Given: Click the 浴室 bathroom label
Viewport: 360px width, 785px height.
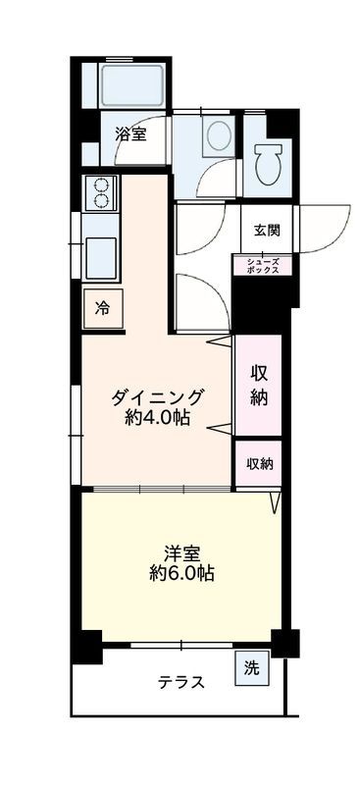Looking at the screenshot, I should tap(130, 134).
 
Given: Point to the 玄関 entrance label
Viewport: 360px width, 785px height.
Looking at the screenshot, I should tap(267, 232).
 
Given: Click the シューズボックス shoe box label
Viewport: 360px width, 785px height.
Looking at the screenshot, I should tap(263, 265).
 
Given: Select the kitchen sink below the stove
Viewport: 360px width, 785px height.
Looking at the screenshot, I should tap(101, 258).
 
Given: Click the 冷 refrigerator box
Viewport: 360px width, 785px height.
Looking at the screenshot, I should tap(102, 308).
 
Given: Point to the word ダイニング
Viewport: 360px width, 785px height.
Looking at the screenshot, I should tap(157, 397).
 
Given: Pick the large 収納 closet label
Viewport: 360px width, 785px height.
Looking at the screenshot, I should tap(259, 386).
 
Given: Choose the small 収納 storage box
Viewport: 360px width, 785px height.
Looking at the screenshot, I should tap(259, 464).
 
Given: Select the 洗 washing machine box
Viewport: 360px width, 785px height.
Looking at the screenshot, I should tap(252, 669).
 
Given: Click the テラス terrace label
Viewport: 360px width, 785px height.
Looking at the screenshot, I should tap(181, 683).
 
